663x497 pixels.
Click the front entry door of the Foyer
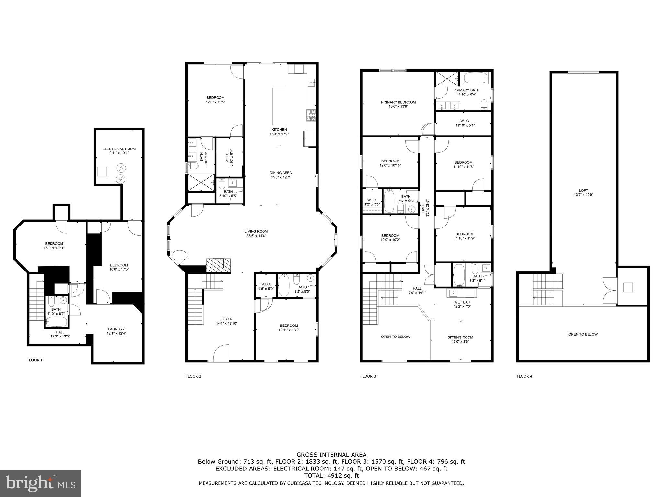(221, 353)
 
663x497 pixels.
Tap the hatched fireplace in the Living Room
(219, 265)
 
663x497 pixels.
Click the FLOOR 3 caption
(368, 376)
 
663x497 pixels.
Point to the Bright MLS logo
(40, 483)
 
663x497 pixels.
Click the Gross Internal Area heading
(331, 455)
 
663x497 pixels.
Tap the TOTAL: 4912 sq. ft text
(331, 476)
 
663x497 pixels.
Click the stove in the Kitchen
(311, 116)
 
